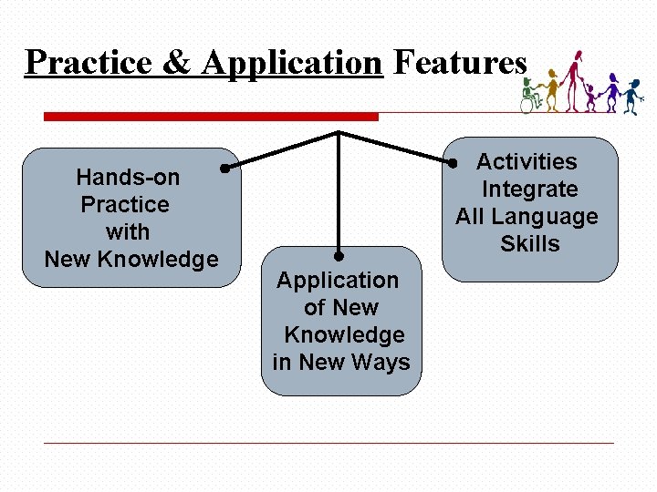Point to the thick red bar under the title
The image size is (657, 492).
pyautogui.click(x=211, y=117)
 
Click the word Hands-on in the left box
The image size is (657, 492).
pyautogui.click(x=128, y=177)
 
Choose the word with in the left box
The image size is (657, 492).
pyautogui.click(x=128, y=231)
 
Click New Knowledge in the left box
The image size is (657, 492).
pyautogui.click(x=131, y=259)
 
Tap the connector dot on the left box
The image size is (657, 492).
pyautogui.click(x=224, y=168)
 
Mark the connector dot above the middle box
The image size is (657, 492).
pyautogui.click(x=339, y=256)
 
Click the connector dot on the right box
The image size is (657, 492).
pyautogui.click(x=452, y=165)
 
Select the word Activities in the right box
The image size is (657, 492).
pyautogui.click(x=527, y=162)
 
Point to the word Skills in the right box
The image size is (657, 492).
pyautogui.click(x=530, y=244)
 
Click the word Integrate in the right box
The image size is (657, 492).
pyautogui.click(x=529, y=190)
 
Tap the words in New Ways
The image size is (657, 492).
pyautogui.click(x=341, y=363)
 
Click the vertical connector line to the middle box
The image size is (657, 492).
pyautogui.click(x=339, y=196)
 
